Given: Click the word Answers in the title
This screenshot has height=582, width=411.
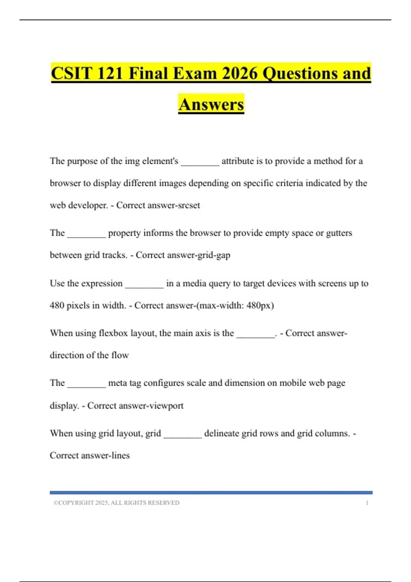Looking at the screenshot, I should coord(211,104).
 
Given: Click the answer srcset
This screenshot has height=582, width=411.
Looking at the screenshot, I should coord(187,205).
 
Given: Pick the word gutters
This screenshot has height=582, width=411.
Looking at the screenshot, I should coord(339,233).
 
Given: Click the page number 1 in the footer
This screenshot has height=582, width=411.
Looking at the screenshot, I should coord(367,503).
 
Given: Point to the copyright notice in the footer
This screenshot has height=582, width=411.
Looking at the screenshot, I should coord(116,503).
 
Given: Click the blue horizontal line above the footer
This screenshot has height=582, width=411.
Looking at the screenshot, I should coord(211,493).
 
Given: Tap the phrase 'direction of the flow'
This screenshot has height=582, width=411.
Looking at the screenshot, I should coord(89,355).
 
